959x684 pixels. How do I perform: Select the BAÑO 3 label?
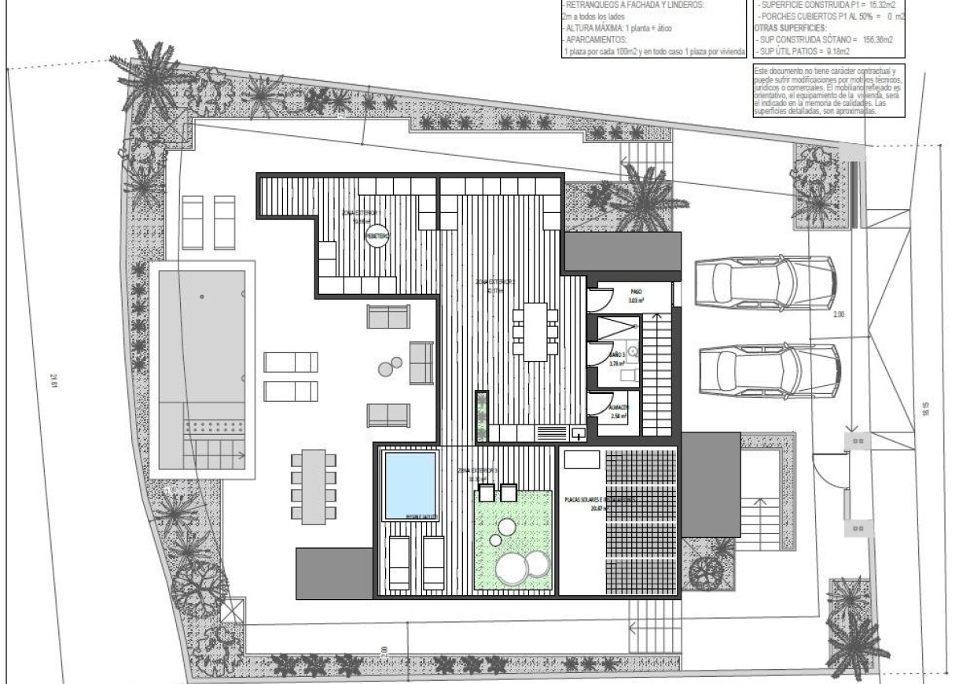[x=617, y=355]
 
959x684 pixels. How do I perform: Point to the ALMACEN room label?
[x=619, y=406]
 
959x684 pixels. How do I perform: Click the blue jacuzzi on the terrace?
[x=410, y=484]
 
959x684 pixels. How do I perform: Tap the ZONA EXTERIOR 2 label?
[x=494, y=281]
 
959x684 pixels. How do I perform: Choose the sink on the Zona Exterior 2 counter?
[x=578, y=431]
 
